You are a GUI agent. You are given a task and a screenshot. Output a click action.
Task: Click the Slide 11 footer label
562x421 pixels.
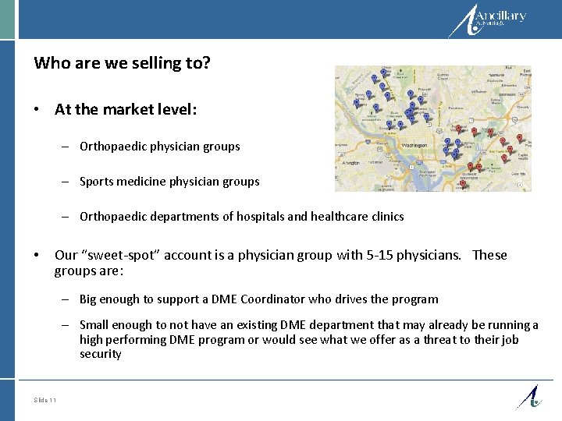(45, 400)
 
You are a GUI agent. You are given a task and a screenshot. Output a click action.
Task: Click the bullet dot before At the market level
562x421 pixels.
(37, 111)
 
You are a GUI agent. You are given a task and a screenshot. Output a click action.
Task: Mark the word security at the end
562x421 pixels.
(100, 353)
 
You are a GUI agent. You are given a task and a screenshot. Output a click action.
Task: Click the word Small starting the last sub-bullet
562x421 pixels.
(94, 325)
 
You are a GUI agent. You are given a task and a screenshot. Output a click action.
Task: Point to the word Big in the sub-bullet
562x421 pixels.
(88, 299)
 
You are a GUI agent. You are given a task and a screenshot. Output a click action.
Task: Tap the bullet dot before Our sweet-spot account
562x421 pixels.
(37, 256)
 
